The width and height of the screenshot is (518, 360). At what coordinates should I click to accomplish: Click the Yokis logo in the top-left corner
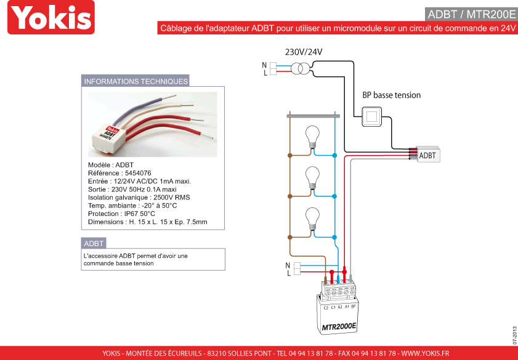pos(51,17)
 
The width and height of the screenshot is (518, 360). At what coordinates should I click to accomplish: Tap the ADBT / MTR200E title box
pos(471,14)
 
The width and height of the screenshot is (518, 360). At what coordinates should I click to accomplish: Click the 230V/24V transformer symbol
pos(301,69)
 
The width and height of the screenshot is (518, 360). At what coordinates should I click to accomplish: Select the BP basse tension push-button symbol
pos(372,116)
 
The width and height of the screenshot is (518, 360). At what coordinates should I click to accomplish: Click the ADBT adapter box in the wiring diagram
pos(428,154)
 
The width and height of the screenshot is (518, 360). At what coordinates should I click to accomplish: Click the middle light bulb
pos(312,177)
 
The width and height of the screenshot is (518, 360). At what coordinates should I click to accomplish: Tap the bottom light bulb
pos(312,218)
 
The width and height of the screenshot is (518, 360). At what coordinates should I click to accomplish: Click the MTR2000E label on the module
pos(339,326)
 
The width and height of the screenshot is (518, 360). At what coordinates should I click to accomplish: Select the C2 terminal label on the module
pos(326,308)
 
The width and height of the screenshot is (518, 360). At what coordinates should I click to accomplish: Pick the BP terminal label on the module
pos(353,306)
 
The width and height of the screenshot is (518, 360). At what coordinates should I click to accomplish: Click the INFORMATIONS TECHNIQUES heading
pos(136,81)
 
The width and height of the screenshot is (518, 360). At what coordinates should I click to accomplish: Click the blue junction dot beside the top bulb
pos(334,156)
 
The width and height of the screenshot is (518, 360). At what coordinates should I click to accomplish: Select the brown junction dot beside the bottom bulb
pos(290,237)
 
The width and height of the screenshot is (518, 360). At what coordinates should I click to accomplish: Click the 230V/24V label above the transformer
pos(304,52)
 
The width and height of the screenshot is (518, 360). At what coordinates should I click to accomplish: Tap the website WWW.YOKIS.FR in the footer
pos(425,353)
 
